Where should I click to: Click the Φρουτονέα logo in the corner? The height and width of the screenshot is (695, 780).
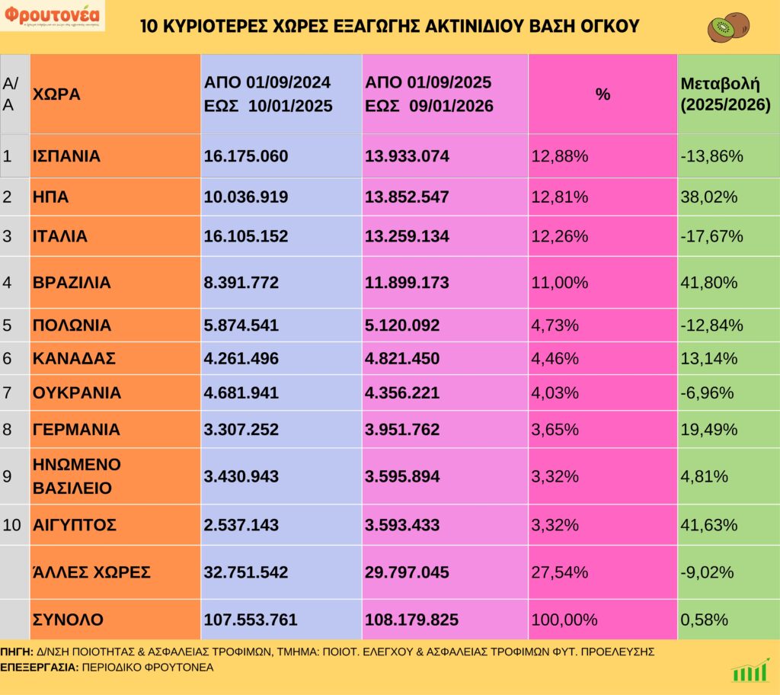click(53, 15)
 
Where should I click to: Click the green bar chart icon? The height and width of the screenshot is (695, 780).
click(750, 671)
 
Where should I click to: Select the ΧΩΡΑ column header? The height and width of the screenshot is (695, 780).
click(56, 94)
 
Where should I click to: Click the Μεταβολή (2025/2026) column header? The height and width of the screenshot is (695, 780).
click(725, 94)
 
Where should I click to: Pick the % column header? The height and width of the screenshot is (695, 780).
click(603, 94)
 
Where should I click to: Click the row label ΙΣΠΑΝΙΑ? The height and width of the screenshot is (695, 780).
click(67, 156)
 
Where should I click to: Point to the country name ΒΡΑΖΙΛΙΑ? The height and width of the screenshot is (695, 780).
click(72, 283)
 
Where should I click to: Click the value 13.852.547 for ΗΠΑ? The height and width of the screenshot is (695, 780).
click(408, 197)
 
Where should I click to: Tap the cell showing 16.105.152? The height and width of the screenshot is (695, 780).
click(246, 236)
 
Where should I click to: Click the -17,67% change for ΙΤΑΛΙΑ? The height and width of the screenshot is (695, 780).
click(711, 236)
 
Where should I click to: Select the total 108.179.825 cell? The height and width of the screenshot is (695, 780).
click(412, 620)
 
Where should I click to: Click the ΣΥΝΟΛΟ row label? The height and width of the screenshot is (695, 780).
click(68, 620)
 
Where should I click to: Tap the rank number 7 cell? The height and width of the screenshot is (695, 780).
click(8, 393)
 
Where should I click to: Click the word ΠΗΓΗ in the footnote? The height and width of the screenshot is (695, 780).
click(16, 652)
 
